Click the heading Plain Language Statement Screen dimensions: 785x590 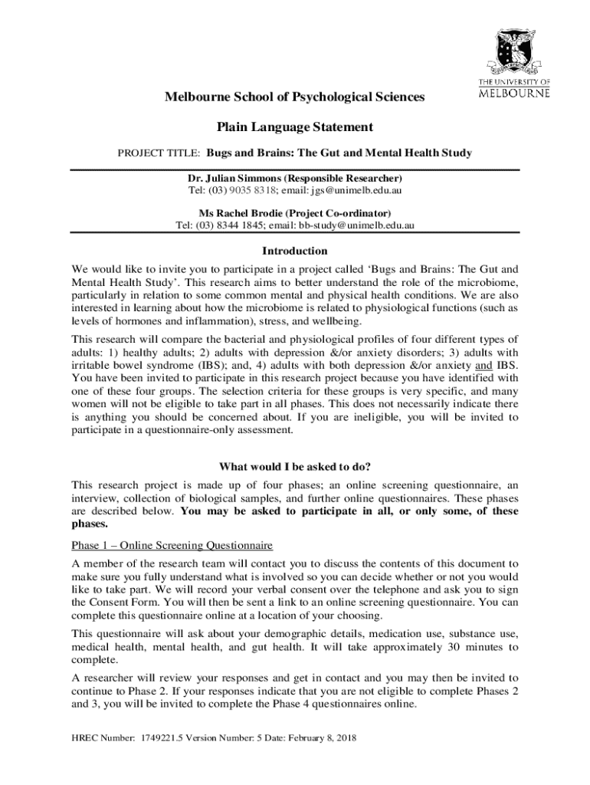(295, 126)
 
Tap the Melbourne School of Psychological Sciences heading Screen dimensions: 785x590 (295, 97)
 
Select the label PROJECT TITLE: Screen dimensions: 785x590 (159, 153)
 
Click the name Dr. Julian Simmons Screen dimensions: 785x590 (234, 177)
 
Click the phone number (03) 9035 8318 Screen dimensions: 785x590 (246, 189)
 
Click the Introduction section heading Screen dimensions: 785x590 (295, 251)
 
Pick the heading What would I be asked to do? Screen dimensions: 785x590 (295, 466)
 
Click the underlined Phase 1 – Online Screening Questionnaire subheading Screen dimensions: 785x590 (172, 546)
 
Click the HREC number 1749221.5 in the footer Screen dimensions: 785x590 (166, 739)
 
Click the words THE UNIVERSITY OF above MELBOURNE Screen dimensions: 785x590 (514, 82)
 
